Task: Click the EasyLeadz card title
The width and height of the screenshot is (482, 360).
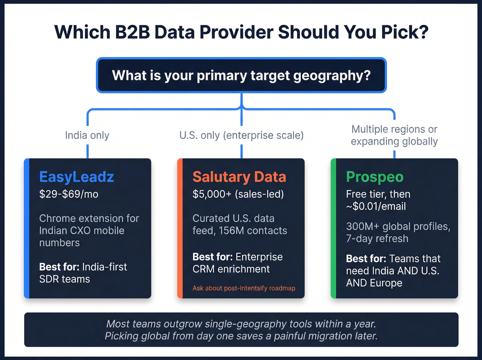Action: pos(76,177)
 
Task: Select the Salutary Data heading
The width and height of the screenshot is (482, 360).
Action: pos(239,177)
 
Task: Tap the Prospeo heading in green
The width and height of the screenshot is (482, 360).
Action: pos(375,177)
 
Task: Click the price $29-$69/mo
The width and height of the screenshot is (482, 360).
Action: pos(69,194)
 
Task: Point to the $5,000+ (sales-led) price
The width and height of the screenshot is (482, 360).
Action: pos(238,194)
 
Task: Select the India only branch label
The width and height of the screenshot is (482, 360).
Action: pos(87,135)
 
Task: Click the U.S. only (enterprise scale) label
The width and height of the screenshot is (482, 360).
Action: pos(241,135)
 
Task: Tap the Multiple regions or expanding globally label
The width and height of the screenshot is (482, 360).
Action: pos(394,135)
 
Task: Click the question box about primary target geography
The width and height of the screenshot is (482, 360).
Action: pos(241,75)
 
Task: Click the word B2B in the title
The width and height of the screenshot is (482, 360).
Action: pos(133,32)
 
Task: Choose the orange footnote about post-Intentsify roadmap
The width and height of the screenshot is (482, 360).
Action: pos(244,288)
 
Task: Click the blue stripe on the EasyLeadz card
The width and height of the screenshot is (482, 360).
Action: pos(27,228)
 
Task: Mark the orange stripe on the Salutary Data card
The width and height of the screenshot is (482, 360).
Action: pos(180,228)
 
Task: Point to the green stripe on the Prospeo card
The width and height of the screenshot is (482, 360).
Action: pos(333,228)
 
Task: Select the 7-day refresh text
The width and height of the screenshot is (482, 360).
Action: pos(377,238)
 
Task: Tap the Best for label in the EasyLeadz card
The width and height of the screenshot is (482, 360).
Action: pos(59,267)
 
